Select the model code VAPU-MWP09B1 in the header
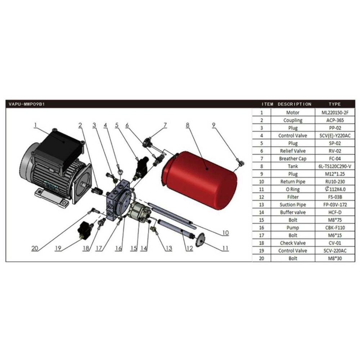[x=27, y=104]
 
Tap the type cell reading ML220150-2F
[x=335, y=112]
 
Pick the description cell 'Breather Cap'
[x=292, y=159]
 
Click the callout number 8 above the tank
[x=188, y=125]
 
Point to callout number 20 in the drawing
[x=35, y=248]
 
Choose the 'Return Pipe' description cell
[x=293, y=181]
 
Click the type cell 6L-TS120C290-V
[x=335, y=166]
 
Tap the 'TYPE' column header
[x=334, y=104]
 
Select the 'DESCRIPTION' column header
[x=294, y=104]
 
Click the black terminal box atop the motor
[x=59, y=150]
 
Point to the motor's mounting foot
[x=52, y=198]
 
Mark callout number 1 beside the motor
[x=35, y=125]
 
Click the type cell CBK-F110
[x=335, y=228]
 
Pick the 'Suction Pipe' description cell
[x=293, y=204]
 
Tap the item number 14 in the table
[x=261, y=212]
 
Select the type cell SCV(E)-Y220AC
[x=335, y=136]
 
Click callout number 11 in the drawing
[x=225, y=248]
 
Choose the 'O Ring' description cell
[x=293, y=189]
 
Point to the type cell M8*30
[x=335, y=258]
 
